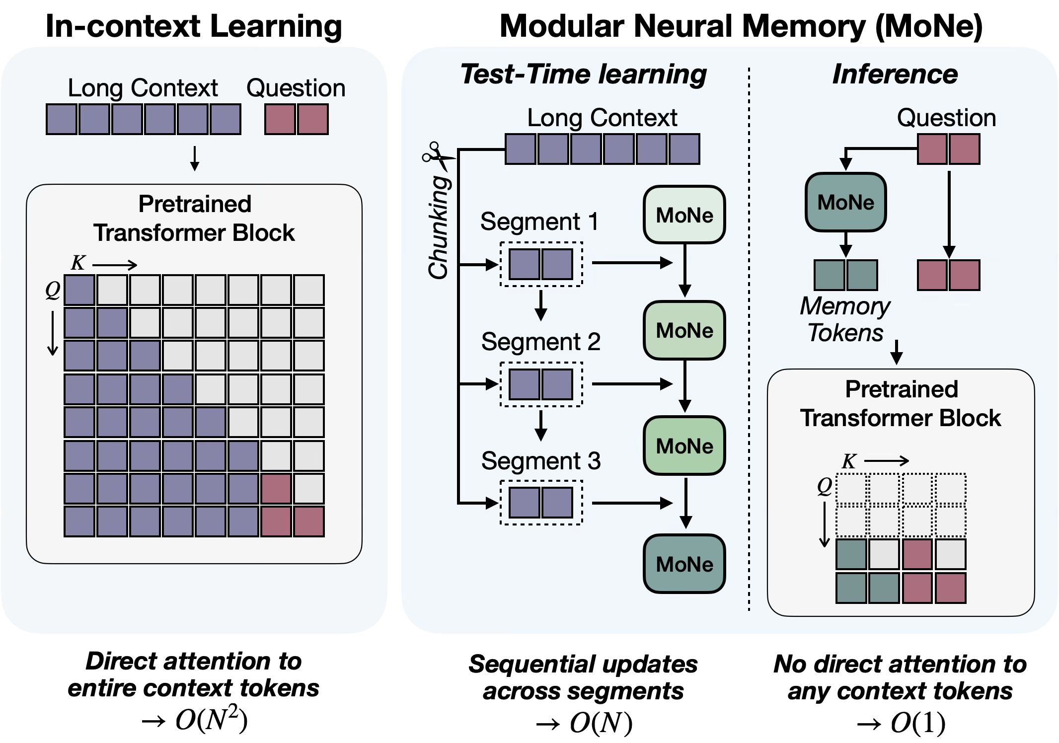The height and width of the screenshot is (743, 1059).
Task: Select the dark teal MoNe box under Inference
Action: [845, 202]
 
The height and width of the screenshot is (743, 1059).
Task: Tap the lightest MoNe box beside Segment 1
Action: [684, 215]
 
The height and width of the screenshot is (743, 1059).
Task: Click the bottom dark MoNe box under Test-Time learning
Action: [684, 564]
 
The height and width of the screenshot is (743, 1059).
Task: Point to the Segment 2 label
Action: [540, 342]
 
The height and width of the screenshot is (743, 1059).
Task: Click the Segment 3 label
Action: [540, 461]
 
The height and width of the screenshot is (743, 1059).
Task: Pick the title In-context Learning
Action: [194, 26]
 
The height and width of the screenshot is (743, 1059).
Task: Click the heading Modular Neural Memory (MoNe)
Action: [741, 26]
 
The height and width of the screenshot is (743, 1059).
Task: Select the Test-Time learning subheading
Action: [584, 74]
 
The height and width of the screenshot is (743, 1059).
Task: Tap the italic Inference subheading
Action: [895, 74]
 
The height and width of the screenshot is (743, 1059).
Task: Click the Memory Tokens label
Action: [845, 319]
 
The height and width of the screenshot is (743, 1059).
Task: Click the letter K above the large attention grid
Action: [78, 263]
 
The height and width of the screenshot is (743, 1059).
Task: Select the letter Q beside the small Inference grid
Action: [825, 486]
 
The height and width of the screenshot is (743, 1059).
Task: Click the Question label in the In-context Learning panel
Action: [296, 88]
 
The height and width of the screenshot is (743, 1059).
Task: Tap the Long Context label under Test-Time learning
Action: [602, 118]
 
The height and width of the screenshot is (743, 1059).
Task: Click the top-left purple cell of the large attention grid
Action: [79, 290]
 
